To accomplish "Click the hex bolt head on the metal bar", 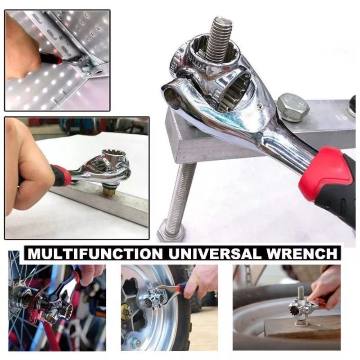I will pyautogui.click(x=293, y=107).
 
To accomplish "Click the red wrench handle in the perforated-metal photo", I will pyautogui.click(x=49, y=58).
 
